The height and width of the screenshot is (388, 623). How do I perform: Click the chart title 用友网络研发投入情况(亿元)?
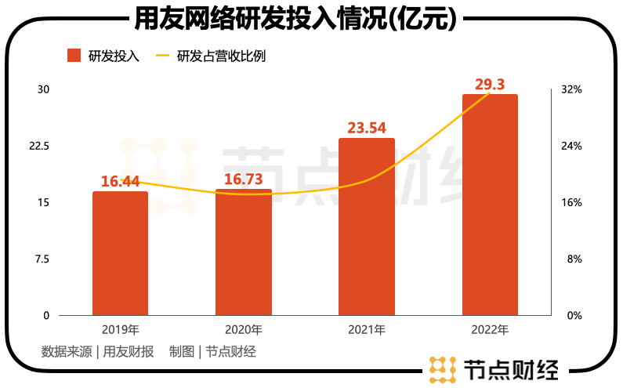coord(311,18)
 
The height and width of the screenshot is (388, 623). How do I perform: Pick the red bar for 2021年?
coord(366,227)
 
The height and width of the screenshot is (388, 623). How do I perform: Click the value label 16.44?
coord(120,181)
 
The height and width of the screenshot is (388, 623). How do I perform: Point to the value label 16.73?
coord(243,179)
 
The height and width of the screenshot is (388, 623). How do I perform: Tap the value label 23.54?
coord(366,127)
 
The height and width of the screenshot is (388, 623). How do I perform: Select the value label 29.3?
coord(490,83)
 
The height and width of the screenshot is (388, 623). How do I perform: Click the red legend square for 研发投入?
coord(74,56)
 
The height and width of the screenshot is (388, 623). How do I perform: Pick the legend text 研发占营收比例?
coord(216,56)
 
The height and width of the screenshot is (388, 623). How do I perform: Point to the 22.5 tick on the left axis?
coord(40,146)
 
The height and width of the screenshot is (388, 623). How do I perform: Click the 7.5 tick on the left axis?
coord(42,259)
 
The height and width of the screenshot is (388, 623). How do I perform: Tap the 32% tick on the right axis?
coord(572,89)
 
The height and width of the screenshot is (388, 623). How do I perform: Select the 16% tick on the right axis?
coord(572,202)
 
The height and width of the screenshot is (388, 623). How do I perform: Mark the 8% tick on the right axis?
coord(574,259)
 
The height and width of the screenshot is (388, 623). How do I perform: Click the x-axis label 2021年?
coord(366,329)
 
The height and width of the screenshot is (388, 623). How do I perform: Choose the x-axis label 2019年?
coord(120,329)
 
